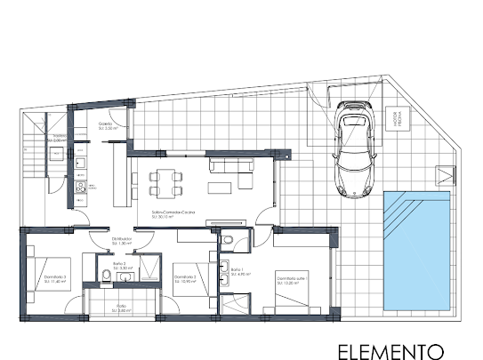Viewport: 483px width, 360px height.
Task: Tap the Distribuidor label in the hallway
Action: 122,240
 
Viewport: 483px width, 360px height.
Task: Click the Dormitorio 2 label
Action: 185,278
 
